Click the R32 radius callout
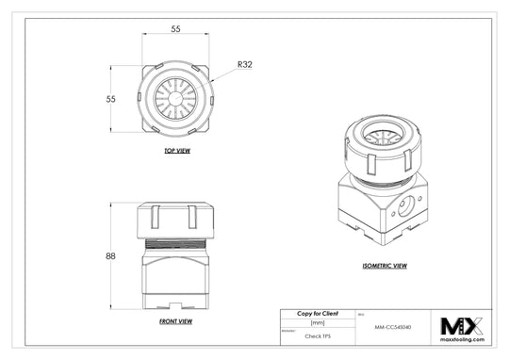245,65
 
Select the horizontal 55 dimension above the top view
175,29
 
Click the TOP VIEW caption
176,151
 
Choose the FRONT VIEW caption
176,321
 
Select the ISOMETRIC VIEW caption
385,266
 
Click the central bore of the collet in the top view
176,97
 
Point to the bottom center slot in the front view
176,304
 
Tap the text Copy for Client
318,313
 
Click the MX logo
462,326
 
